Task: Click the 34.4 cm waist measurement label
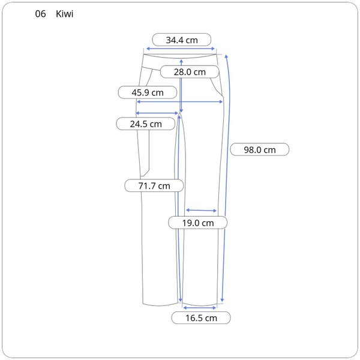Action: (182, 40)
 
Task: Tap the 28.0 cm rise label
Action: (190, 72)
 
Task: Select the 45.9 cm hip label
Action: (148, 92)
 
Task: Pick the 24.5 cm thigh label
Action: (146, 124)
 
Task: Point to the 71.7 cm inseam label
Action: (154, 186)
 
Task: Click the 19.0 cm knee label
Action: (198, 223)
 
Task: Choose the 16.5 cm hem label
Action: (201, 318)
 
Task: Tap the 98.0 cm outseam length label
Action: (260, 149)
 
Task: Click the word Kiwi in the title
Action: (65, 14)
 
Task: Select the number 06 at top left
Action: (40, 14)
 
